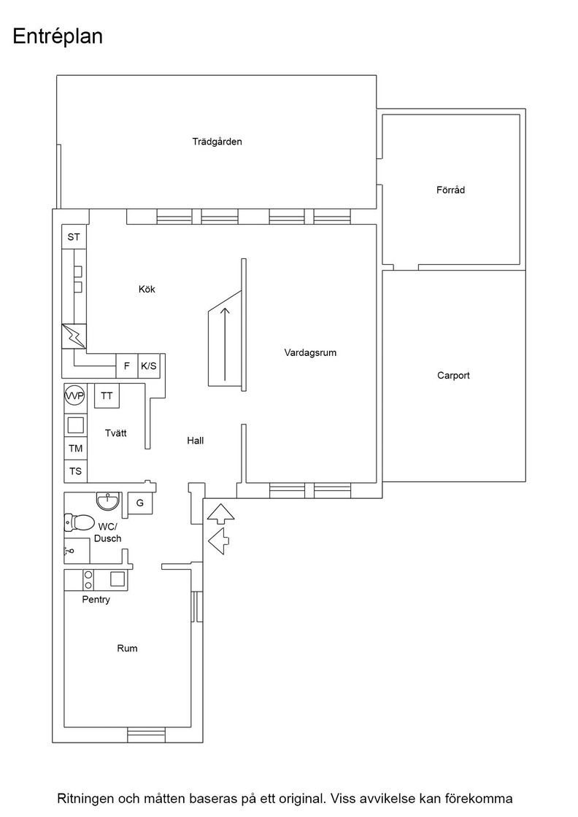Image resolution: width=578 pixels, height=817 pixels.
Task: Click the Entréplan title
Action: coord(58,36)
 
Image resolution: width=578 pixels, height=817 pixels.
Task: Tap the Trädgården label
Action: coord(217,142)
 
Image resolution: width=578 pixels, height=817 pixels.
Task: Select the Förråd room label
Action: coord(450,190)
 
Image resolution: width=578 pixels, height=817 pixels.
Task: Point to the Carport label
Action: coord(453,375)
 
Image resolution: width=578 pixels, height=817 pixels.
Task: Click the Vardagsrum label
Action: coord(310,353)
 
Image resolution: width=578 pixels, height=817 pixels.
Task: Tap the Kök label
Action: coord(147,289)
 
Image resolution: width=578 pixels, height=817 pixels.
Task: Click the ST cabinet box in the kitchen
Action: coord(74,236)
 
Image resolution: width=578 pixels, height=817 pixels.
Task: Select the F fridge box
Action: coord(127,365)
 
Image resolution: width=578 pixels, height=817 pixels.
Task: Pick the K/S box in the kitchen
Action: coord(149,365)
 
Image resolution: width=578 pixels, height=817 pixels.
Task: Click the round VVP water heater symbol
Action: coord(74,396)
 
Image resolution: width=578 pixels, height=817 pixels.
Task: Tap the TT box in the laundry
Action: coord(107,396)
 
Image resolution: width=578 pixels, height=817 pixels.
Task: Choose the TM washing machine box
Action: coord(76,448)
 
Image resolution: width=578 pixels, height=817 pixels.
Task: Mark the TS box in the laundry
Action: coord(76,471)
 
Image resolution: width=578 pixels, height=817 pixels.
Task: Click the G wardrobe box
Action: coord(140,503)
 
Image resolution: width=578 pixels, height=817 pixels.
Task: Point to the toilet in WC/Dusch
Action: coord(80,522)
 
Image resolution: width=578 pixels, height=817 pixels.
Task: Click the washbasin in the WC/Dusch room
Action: coord(109,501)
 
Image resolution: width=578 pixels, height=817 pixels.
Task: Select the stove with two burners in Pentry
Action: coord(88,579)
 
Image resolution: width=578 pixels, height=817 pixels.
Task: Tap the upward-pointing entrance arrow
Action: coord(220,514)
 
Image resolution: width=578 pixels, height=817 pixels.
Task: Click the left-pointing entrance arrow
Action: coord(219,541)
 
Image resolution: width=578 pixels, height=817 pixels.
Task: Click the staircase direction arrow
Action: coord(226,344)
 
